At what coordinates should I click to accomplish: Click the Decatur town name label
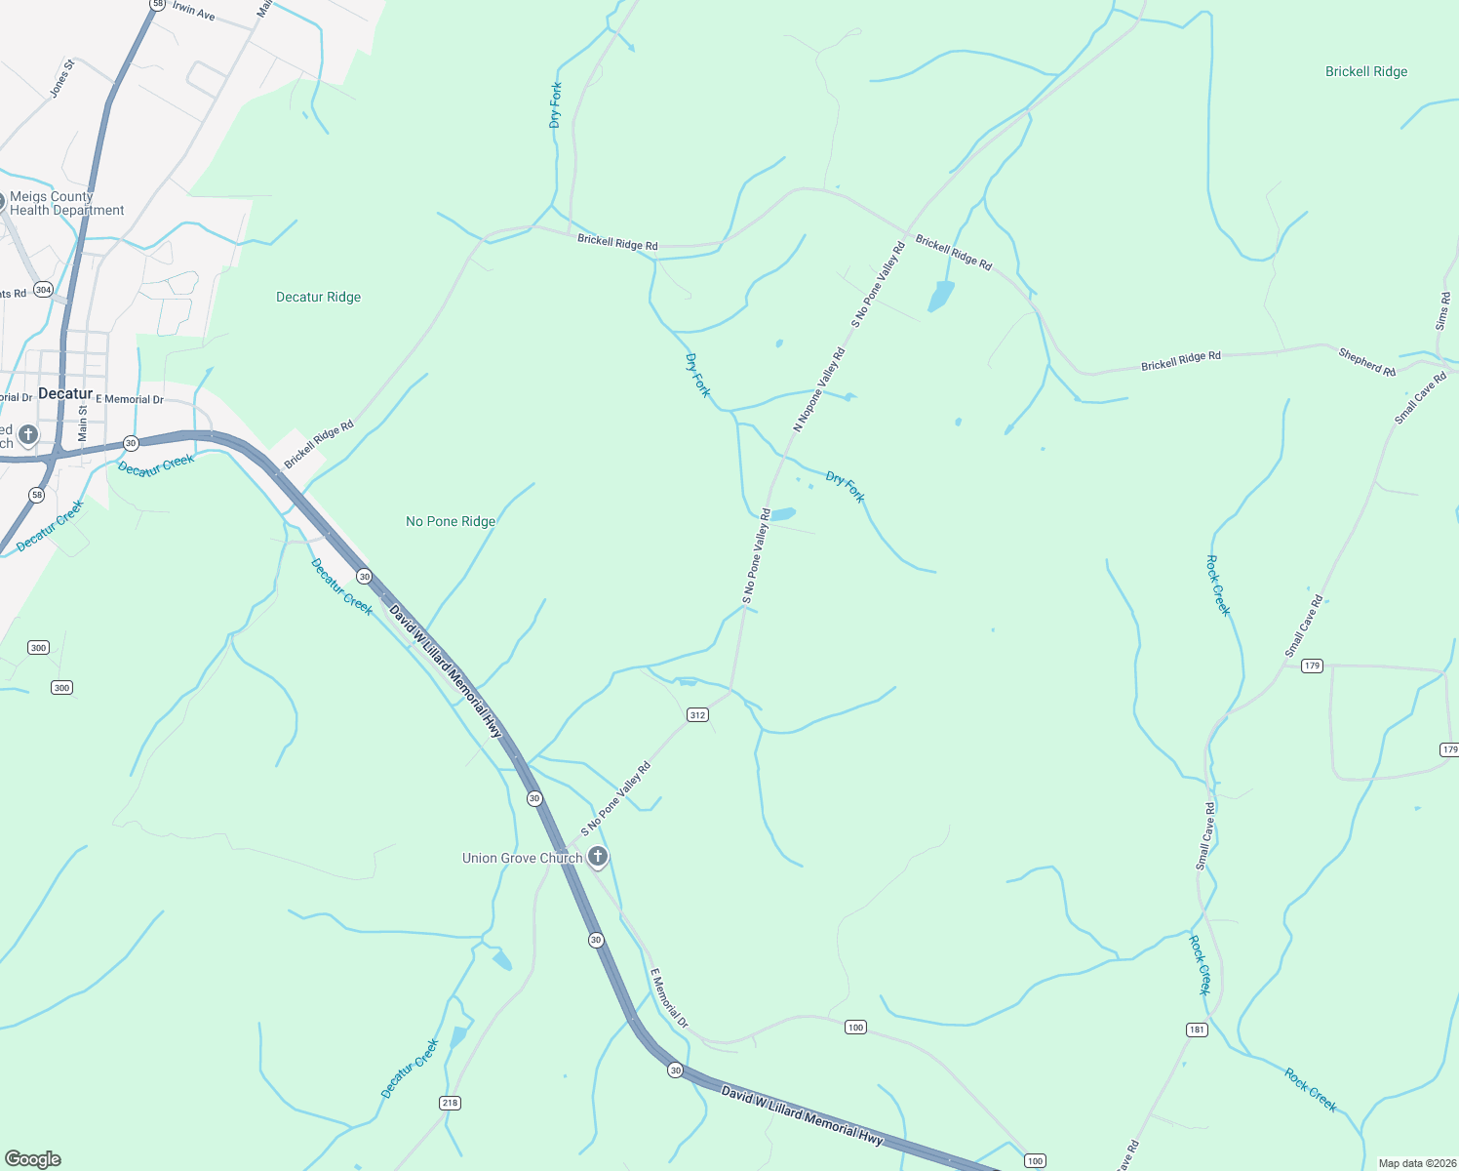click(x=65, y=393)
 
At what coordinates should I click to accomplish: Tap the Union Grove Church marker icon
click(x=598, y=857)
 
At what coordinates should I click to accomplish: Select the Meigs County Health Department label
click(x=66, y=203)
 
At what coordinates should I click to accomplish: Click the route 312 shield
click(x=697, y=715)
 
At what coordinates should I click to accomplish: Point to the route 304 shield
click(x=43, y=290)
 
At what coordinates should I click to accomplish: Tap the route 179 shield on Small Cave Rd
click(x=1312, y=666)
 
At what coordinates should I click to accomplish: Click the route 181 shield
click(x=1197, y=1030)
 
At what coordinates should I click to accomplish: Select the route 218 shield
click(x=450, y=1103)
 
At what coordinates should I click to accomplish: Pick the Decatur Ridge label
click(x=318, y=297)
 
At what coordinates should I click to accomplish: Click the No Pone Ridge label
click(x=451, y=521)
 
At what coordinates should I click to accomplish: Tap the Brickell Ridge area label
click(x=1366, y=71)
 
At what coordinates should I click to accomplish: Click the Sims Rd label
click(x=1443, y=311)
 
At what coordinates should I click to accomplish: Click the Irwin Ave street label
click(x=193, y=11)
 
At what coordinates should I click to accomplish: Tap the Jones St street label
click(x=61, y=78)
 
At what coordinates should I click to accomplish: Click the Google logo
click(x=33, y=1159)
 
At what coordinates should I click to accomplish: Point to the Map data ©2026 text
click(x=1414, y=1163)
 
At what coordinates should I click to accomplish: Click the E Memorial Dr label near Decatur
click(x=129, y=399)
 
